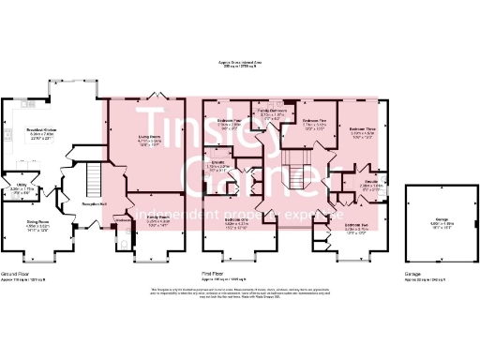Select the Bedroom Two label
click(355, 225)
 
